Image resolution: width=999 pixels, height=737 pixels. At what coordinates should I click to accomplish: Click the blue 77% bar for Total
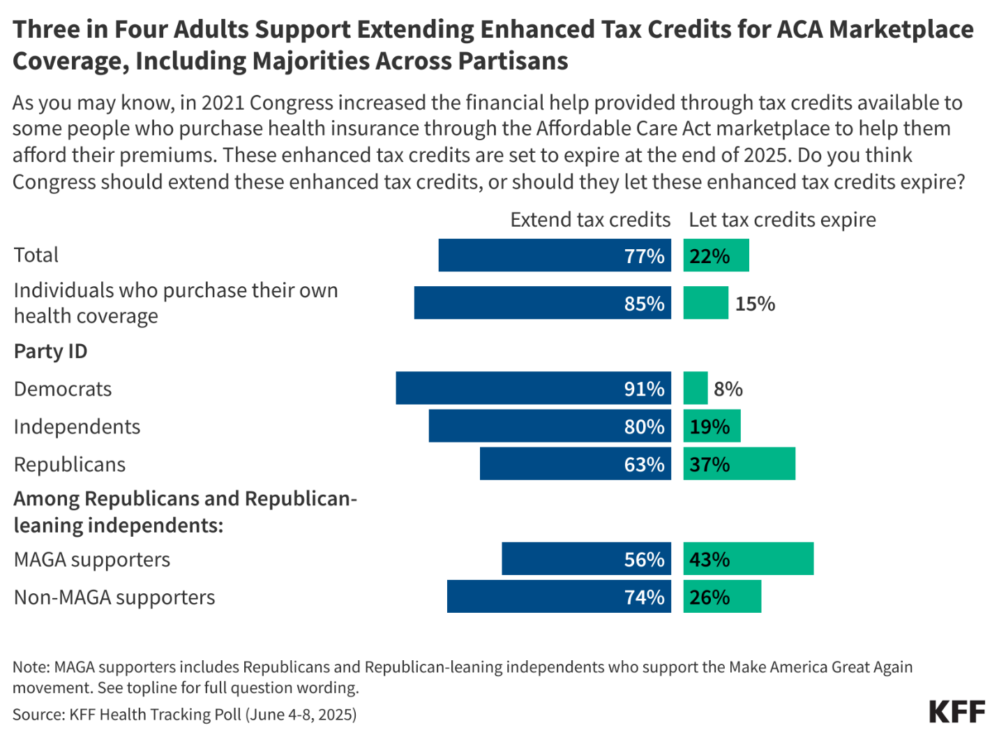[x=555, y=255]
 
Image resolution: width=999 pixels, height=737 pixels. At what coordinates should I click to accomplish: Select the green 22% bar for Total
[x=716, y=255]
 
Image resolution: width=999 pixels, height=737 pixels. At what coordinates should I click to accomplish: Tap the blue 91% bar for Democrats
[x=533, y=388]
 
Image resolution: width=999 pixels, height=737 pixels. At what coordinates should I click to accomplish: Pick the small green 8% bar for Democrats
[x=695, y=388]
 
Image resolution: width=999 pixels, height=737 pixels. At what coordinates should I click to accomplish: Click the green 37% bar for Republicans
[x=739, y=463]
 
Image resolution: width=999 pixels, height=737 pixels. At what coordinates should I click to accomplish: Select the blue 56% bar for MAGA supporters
[x=586, y=558]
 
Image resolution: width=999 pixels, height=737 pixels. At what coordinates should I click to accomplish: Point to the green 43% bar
[x=748, y=558]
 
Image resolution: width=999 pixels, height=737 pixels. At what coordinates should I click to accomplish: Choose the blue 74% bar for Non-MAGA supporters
[x=559, y=596]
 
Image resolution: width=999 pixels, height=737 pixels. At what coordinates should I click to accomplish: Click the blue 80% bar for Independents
[x=550, y=426]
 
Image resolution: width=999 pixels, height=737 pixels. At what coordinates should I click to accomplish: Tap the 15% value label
[x=755, y=304]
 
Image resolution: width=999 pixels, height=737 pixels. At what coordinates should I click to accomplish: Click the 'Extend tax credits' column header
[x=589, y=220]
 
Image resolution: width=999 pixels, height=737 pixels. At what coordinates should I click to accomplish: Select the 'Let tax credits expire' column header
[x=782, y=220]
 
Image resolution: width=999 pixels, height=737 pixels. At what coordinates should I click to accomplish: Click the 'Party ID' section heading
[x=51, y=351]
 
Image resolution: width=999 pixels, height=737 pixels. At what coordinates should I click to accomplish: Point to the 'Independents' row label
[x=77, y=426]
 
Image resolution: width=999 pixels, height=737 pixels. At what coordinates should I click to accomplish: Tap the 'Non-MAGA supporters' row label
[x=114, y=597]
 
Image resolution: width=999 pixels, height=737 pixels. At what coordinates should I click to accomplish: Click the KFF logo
[x=956, y=712]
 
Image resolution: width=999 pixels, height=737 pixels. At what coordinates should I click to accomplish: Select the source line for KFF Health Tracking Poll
[x=184, y=714]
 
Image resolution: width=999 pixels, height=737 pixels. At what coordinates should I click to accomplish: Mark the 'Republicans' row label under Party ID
[x=70, y=464]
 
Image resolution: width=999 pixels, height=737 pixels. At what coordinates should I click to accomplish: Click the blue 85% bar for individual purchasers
[x=542, y=303]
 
